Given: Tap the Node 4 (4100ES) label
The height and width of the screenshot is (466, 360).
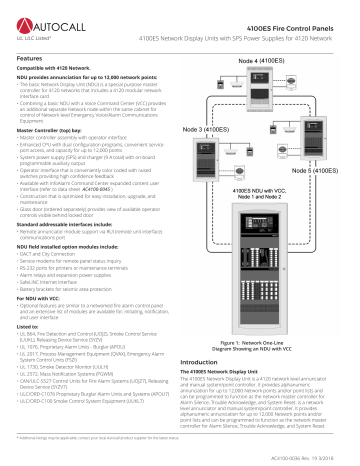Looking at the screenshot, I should pyautogui.click(x=265, y=61).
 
